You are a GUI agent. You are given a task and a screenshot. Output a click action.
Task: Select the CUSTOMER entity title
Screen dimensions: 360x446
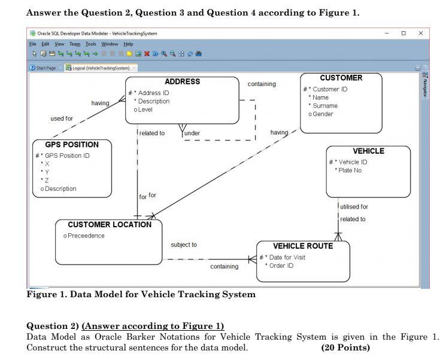pyautogui.click(x=341, y=78)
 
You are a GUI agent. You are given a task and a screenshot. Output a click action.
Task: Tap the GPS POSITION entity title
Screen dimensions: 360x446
pyautogui.click(x=72, y=145)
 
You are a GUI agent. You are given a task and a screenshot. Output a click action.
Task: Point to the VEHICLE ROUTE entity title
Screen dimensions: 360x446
pyautogui.click(x=303, y=246)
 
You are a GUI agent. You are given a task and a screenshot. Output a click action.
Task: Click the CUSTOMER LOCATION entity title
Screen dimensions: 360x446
pyautogui.click(x=109, y=225)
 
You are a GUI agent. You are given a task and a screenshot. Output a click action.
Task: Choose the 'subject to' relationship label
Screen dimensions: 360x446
pyautogui.click(x=184, y=245)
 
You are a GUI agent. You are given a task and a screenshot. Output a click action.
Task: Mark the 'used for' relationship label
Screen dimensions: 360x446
pyautogui.click(x=62, y=118)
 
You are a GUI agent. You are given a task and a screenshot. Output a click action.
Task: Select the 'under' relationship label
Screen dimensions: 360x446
pyautogui.click(x=192, y=133)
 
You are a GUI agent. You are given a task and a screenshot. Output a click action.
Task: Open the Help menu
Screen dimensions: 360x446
pyautogui.click(x=128, y=44)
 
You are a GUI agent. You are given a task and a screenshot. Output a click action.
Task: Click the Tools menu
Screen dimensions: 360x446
pyautogui.click(x=90, y=44)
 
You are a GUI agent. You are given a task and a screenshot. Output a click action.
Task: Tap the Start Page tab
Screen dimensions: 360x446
pyautogui.click(x=44, y=68)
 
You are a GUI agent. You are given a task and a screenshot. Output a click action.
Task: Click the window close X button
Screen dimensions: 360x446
pyautogui.click(x=420, y=33)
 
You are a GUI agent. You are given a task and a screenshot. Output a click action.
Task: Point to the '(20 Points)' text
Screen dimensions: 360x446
pyautogui.click(x=345, y=348)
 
